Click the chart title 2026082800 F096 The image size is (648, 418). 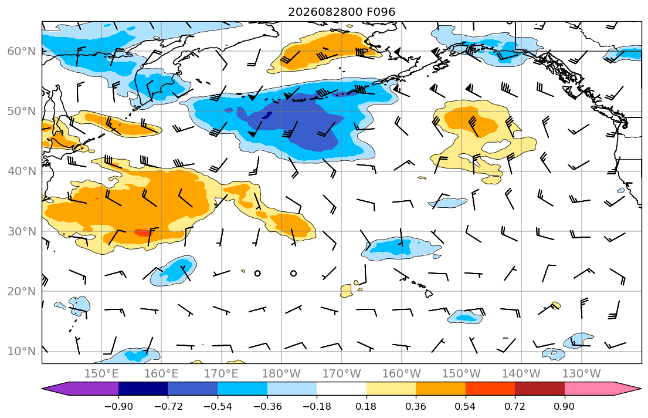point(341,12)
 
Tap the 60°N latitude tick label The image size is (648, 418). point(22,51)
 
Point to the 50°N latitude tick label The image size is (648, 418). point(22,112)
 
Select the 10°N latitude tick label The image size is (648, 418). point(22,352)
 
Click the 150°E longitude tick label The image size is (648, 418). point(101,374)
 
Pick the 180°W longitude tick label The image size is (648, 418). point(281,374)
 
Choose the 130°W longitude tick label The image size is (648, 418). point(582,374)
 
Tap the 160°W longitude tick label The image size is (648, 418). point(401,374)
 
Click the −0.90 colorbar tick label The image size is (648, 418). point(118,406)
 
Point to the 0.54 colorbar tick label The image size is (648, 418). point(466,406)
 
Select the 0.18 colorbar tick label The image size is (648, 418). point(366,406)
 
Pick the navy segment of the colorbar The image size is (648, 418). point(143,389)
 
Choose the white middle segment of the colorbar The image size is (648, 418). point(341,389)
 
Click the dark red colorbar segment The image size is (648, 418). point(540,389)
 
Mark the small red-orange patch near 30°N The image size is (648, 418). point(143,232)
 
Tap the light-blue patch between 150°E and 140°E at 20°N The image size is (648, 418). point(79,305)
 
